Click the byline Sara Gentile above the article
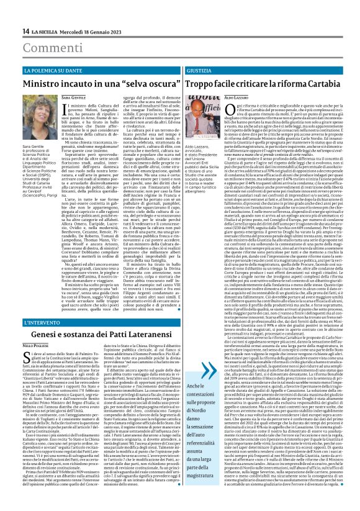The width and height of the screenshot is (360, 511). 75,98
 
